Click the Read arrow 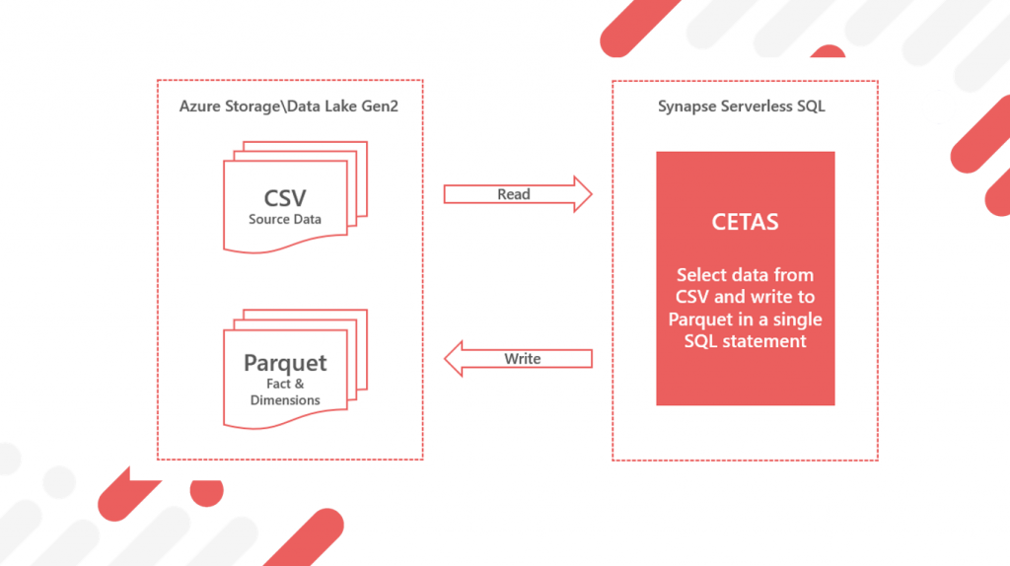point(517,194)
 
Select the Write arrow point(518,359)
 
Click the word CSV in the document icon point(285,197)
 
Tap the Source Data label point(285,219)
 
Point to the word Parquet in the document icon point(285,363)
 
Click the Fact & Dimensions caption point(285,391)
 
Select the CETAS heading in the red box point(745,222)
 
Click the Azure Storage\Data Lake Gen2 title point(289,106)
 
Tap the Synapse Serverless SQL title point(742,106)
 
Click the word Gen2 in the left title point(380,106)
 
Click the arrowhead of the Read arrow point(583,194)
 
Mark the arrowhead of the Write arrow point(453,359)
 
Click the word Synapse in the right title point(686,106)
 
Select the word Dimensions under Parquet point(285,400)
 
